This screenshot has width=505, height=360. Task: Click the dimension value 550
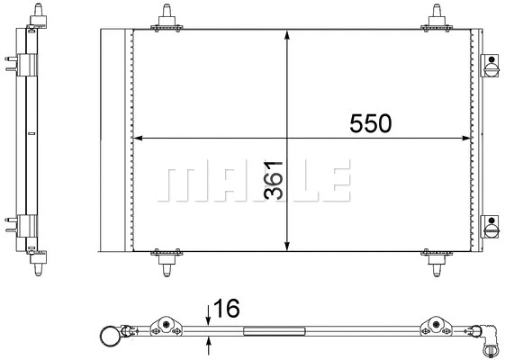(x=371, y=124)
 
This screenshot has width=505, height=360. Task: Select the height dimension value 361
(x=276, y=180)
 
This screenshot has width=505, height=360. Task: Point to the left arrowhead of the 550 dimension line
(x=138, y=139)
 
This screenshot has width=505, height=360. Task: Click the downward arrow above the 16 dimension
(x=209, y=316)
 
